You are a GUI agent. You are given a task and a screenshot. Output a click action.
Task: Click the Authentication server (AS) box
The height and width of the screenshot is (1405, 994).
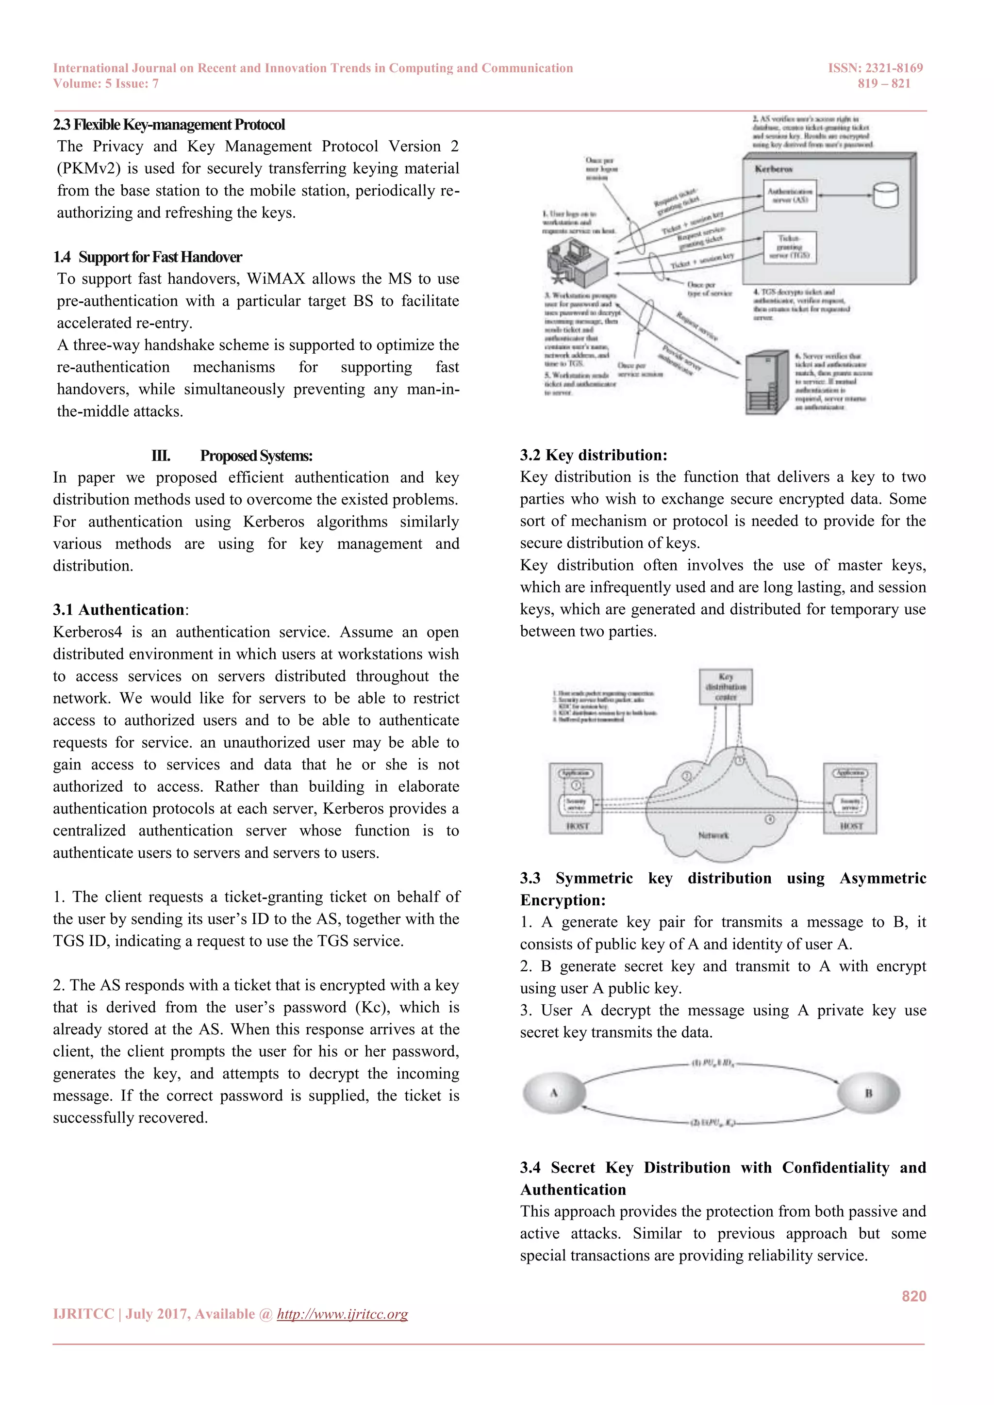tap(790, 195)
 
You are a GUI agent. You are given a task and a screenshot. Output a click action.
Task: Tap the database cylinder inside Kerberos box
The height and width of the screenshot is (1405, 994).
tap(886, 195)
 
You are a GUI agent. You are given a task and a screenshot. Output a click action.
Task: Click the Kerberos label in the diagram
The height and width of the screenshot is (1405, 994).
tap(774, 169)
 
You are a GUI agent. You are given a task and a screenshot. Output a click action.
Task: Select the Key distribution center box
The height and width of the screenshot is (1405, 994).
tap(726, 686)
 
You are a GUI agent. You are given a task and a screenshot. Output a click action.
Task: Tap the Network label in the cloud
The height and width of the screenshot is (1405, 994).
tap(713, 835)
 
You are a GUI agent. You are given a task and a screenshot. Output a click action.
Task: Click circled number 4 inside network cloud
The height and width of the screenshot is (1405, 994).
tap(770, 819)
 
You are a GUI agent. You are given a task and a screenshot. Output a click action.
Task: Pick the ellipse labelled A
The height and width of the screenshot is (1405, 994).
tap(554, 1093)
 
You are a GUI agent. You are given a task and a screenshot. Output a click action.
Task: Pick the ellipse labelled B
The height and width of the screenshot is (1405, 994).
tap(868, 1093)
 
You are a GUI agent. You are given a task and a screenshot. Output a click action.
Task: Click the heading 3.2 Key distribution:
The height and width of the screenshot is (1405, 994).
tap(593, 455)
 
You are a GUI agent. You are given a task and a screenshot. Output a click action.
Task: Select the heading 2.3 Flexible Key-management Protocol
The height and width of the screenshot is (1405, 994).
tap(169, 125)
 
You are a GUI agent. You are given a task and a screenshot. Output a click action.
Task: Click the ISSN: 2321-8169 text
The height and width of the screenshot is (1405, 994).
tap(875, 68)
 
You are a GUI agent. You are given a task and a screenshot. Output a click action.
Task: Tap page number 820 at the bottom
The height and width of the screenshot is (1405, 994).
tap(914, 1296)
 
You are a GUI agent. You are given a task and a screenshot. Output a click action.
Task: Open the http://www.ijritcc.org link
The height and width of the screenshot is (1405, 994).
tap(342, 1314)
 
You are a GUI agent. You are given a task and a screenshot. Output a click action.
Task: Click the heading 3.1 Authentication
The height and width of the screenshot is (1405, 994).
tap(119, 610)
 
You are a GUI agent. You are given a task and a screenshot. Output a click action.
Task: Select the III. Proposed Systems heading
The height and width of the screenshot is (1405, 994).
tap(232, 456)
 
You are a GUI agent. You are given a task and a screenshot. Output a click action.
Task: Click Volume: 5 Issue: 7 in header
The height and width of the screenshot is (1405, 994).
tap(106, 84)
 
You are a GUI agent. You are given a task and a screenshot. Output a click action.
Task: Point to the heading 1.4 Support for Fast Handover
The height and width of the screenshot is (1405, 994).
tap(148, 257)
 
